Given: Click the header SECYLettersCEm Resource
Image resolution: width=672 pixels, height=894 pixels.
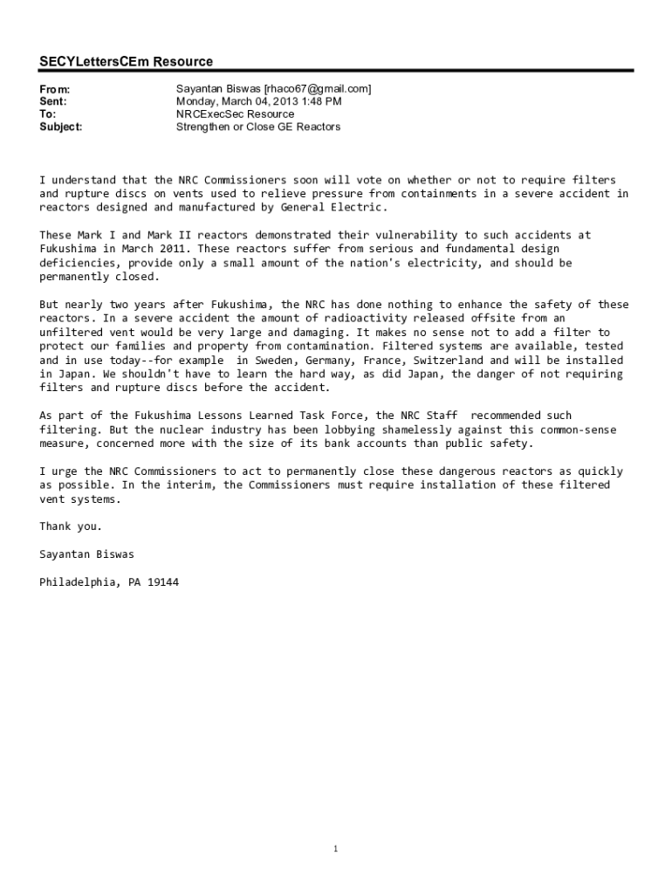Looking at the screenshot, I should [126, 61].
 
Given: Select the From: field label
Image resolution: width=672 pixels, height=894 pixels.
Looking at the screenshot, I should [54, 89].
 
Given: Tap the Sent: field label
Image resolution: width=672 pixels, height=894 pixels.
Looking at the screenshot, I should [53, 101].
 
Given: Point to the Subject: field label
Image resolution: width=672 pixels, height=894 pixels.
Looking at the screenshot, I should [61, 127].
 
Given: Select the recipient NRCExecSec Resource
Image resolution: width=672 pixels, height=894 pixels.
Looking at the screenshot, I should [235, 114].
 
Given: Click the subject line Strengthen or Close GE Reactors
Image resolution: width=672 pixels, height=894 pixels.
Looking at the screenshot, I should [258, 127].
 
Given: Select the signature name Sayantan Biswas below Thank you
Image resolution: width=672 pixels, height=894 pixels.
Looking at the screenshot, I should [86, 554].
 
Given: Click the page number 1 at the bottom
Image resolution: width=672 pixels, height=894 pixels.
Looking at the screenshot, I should [336, 849].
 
